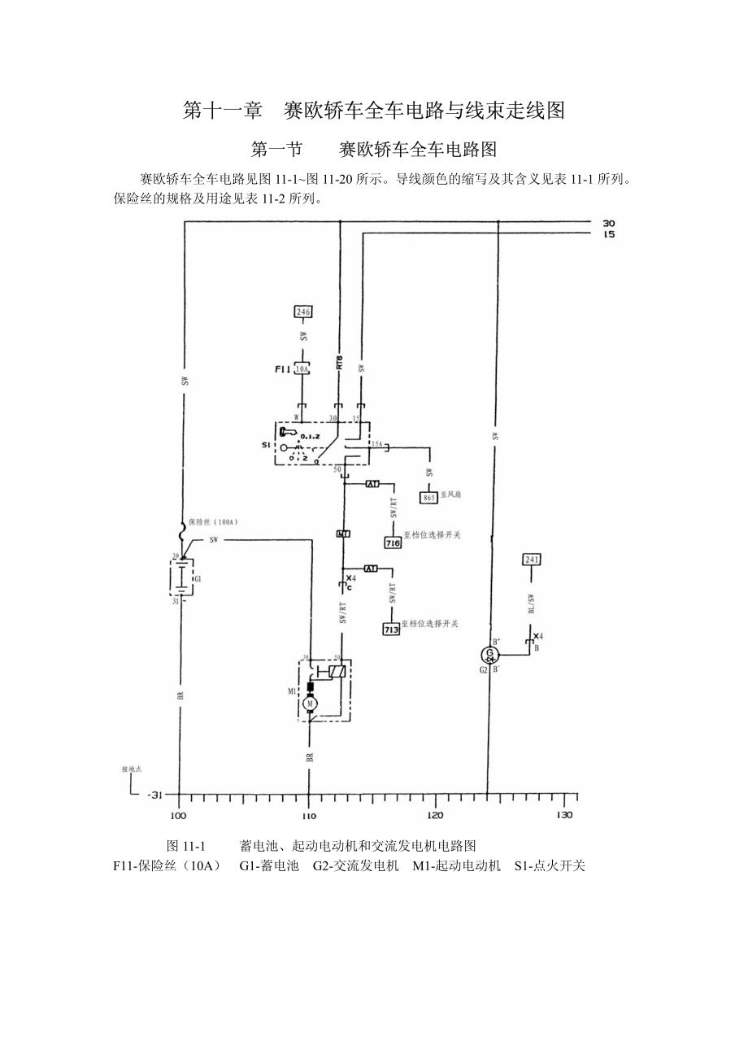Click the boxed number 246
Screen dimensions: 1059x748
[x=303, y=311]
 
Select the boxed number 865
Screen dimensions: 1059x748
[x=429, y=497]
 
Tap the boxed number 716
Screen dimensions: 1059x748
[x=394, y=542]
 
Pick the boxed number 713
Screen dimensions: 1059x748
[x=392, y=629]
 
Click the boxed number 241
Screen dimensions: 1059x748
[x=532, y=560]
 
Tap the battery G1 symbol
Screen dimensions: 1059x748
[x=181, y=578]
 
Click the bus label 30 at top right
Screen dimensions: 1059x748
[x=608, y=223]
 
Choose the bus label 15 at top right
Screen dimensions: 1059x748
[x=608, y=234]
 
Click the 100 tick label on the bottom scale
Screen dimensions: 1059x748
[x=178, y=815]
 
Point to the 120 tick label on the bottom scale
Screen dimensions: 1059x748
[x=435, y=815]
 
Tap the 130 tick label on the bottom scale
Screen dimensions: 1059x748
[x=563, y=815]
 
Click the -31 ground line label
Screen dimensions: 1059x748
[x=155, y=795]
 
